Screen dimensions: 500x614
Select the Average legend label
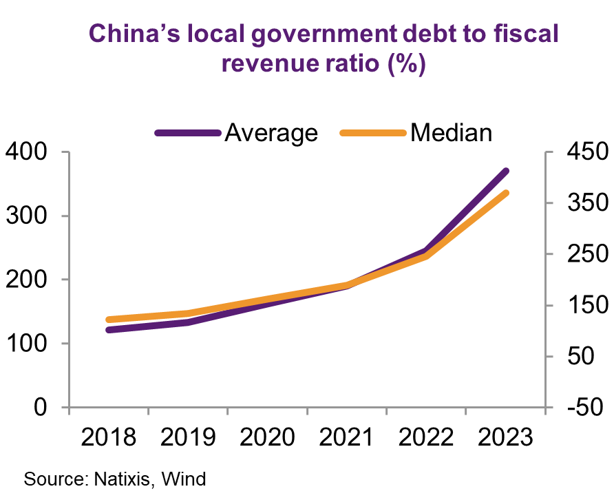[271, 132]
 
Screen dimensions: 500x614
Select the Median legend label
[451, 132]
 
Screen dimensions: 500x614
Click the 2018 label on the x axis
[108, 438]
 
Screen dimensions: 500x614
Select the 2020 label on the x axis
[267, 438]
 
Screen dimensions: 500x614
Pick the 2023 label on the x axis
[505, 438]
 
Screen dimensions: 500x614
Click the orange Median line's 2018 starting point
[109, 320]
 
